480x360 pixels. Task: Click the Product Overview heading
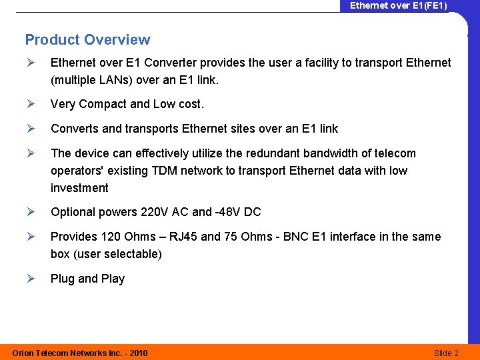coord(87,40)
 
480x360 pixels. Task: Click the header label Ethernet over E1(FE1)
coord(399,6)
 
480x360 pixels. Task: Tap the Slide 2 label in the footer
coord(446,353)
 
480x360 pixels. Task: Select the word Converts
coord(73,129)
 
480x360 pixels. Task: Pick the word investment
coord(80,188)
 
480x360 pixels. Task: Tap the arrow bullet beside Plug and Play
coord(30,279)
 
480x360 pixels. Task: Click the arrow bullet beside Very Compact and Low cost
coord(30,104)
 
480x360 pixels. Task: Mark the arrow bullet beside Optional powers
coord(30,212)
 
